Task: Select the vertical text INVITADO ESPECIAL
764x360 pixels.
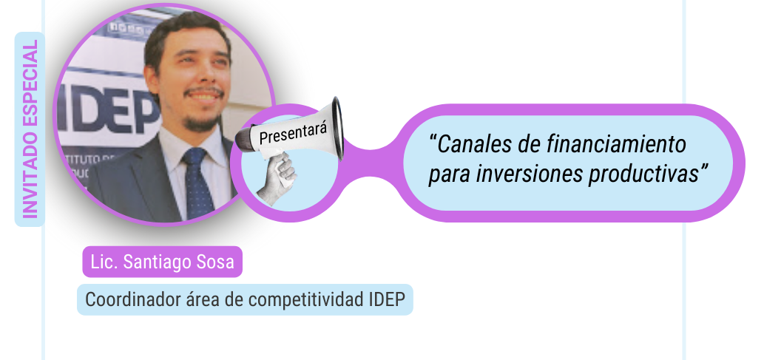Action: (30, 129)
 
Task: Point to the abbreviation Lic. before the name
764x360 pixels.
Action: (104, 262)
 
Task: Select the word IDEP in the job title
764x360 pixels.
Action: (385, 299)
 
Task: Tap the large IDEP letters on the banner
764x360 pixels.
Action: (108, 112)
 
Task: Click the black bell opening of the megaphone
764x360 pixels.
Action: (337, 128)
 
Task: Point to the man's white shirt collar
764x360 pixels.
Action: (195, 146)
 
